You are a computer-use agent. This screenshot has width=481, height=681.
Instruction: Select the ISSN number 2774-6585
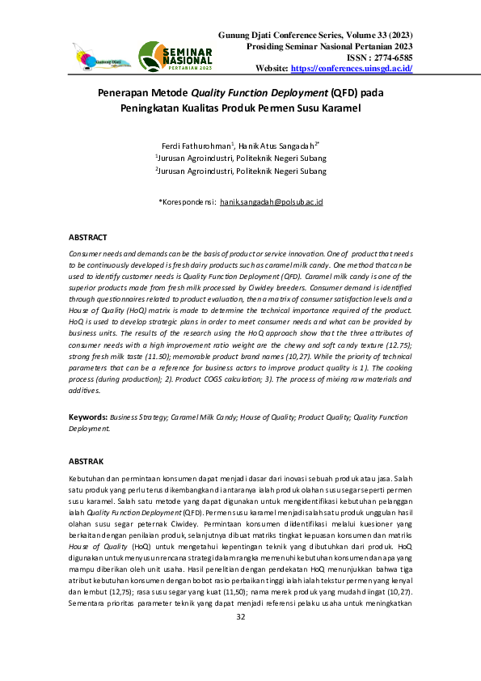point(392,57)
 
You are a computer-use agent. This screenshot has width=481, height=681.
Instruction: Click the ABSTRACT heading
point(88,237)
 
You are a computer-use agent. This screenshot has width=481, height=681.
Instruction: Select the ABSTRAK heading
point(86,461)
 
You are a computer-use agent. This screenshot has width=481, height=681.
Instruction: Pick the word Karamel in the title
point(336,108)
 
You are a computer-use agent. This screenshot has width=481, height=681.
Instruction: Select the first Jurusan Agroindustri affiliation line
point(241,159)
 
